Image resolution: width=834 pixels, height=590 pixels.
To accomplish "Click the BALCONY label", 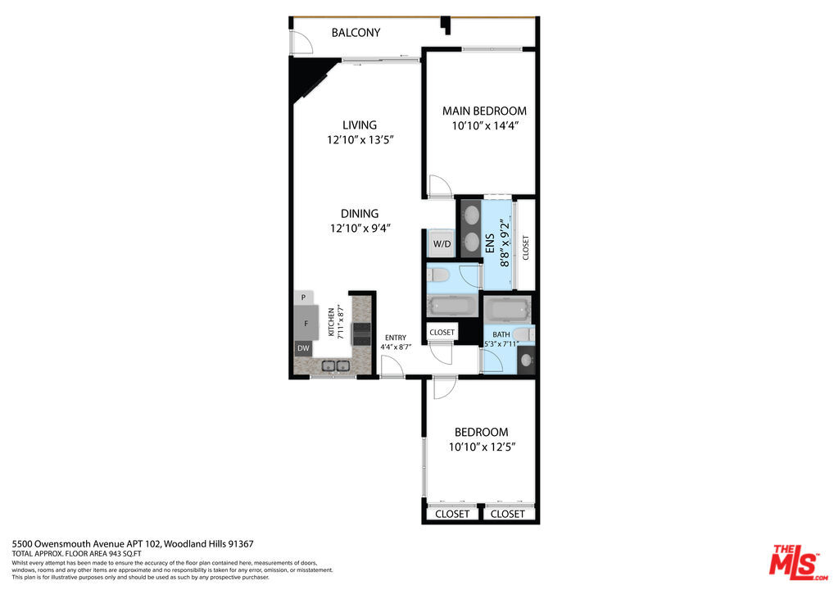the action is tap(356, 33).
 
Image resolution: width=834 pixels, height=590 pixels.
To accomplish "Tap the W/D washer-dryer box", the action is tap(442, 244).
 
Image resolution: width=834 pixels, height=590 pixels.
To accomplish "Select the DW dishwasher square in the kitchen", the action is tap(303, 348).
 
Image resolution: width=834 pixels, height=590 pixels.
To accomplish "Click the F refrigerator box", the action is tap(306, 323).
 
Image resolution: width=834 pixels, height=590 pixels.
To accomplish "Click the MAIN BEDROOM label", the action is tap(484, 111).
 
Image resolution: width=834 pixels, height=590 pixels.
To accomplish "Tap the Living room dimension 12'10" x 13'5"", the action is tap(360, 140).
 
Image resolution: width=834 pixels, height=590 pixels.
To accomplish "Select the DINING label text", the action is tap(360, 214).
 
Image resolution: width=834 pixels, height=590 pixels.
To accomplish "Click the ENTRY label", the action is tap(396, 338).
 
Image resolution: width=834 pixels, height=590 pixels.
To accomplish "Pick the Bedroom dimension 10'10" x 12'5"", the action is tap(482, 447).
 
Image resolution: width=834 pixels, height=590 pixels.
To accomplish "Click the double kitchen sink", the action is tap(336, 365).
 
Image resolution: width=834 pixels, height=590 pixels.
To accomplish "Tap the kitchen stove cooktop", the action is tap(362, 334).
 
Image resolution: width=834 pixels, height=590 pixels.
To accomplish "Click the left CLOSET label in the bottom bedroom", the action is tap(452, 514).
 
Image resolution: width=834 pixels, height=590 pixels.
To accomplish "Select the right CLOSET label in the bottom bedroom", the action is tap(507, 514).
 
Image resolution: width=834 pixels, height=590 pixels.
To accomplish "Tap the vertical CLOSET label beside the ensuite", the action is tap(525, 247).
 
